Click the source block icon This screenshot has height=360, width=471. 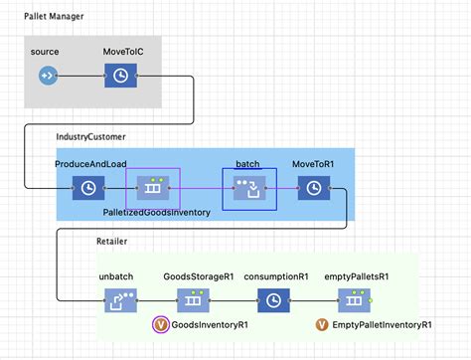pyautogui.click(x=47, y=76)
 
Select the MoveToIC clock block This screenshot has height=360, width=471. pyautogui.click(x=120, y=76)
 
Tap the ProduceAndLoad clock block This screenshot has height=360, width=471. pyautogui.click(x=87, y=187)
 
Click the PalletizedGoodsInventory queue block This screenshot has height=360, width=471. pyautogui.click(x=153, y=187)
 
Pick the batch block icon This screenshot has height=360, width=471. pyautogui.click(x=248, y=187)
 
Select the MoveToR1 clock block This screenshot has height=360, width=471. pyautogui.click(x=314, y=187)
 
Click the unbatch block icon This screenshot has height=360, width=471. pyautogui.click(x=119, y=298)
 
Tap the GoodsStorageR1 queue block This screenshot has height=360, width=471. pyautogui.click(x=192, y=298)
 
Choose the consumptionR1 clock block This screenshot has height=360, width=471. pyautogui.click(x=271, y=298)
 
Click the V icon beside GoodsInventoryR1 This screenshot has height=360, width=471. pyautogui.click(x=160, y=324)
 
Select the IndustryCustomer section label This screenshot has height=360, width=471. pyautogui.click(x=91, y=135)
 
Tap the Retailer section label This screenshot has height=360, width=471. pyautogui.click(x=111, y=242)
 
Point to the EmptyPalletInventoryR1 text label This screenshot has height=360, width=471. pyautogui.click(x=383, y=324)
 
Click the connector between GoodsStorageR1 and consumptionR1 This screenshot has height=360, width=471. pyautogui.click(x=232, y=298)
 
